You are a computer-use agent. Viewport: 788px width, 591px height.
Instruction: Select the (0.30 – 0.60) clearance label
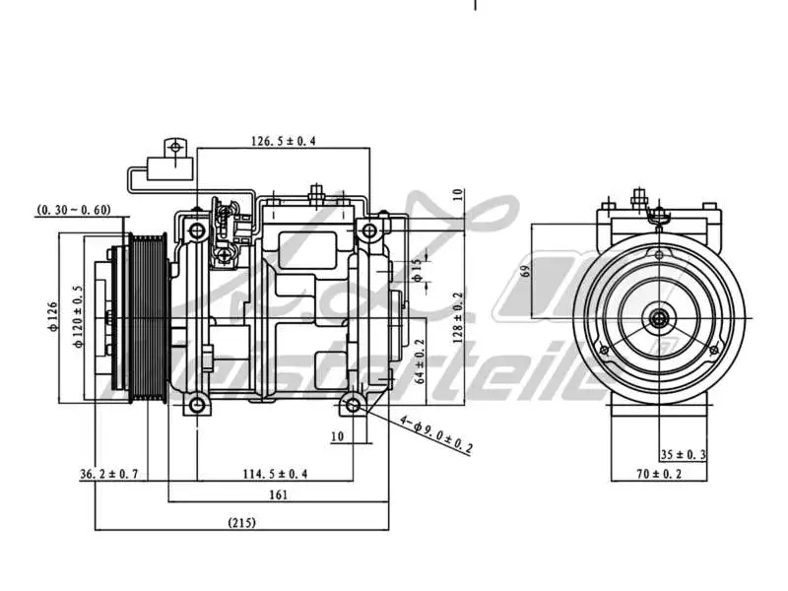74,210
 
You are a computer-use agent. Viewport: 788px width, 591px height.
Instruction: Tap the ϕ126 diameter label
53,318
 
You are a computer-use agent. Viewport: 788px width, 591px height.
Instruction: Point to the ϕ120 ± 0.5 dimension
78,318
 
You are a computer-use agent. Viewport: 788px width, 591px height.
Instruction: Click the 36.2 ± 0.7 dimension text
109,475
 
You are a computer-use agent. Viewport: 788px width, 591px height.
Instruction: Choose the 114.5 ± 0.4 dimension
276,475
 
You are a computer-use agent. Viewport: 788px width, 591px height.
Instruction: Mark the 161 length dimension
278,495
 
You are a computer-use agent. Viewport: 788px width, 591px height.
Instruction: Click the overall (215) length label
241,523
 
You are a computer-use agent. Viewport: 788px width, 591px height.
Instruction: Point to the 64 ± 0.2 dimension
420,361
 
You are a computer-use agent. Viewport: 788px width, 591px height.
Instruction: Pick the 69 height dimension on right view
525,270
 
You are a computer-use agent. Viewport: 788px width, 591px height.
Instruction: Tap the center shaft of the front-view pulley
658,318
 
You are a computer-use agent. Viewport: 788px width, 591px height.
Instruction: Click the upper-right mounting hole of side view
368,232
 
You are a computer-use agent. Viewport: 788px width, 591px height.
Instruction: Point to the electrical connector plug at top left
176,158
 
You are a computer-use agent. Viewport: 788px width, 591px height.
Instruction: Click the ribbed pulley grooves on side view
150,315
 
